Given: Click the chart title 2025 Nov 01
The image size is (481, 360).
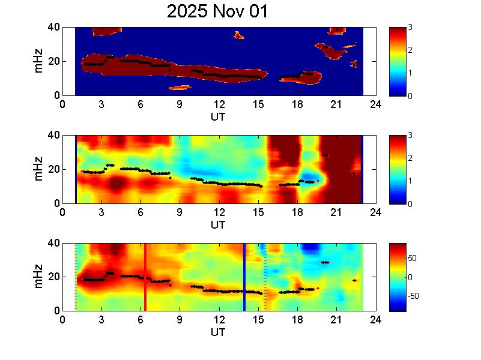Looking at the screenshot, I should coord(218,11).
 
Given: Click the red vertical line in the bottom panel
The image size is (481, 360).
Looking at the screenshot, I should coord(145,277).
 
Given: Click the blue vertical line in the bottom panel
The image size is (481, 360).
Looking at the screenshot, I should coord(244,277).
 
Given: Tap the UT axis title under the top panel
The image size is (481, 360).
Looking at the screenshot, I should coord(218,116).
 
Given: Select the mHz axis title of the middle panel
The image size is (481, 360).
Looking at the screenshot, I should coord(39,170).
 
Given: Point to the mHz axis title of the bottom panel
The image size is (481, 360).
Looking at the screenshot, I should coord(39,277).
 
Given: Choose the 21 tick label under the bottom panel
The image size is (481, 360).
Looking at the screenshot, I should coord(336,320).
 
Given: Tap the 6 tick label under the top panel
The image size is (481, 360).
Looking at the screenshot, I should coord(141,104).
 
